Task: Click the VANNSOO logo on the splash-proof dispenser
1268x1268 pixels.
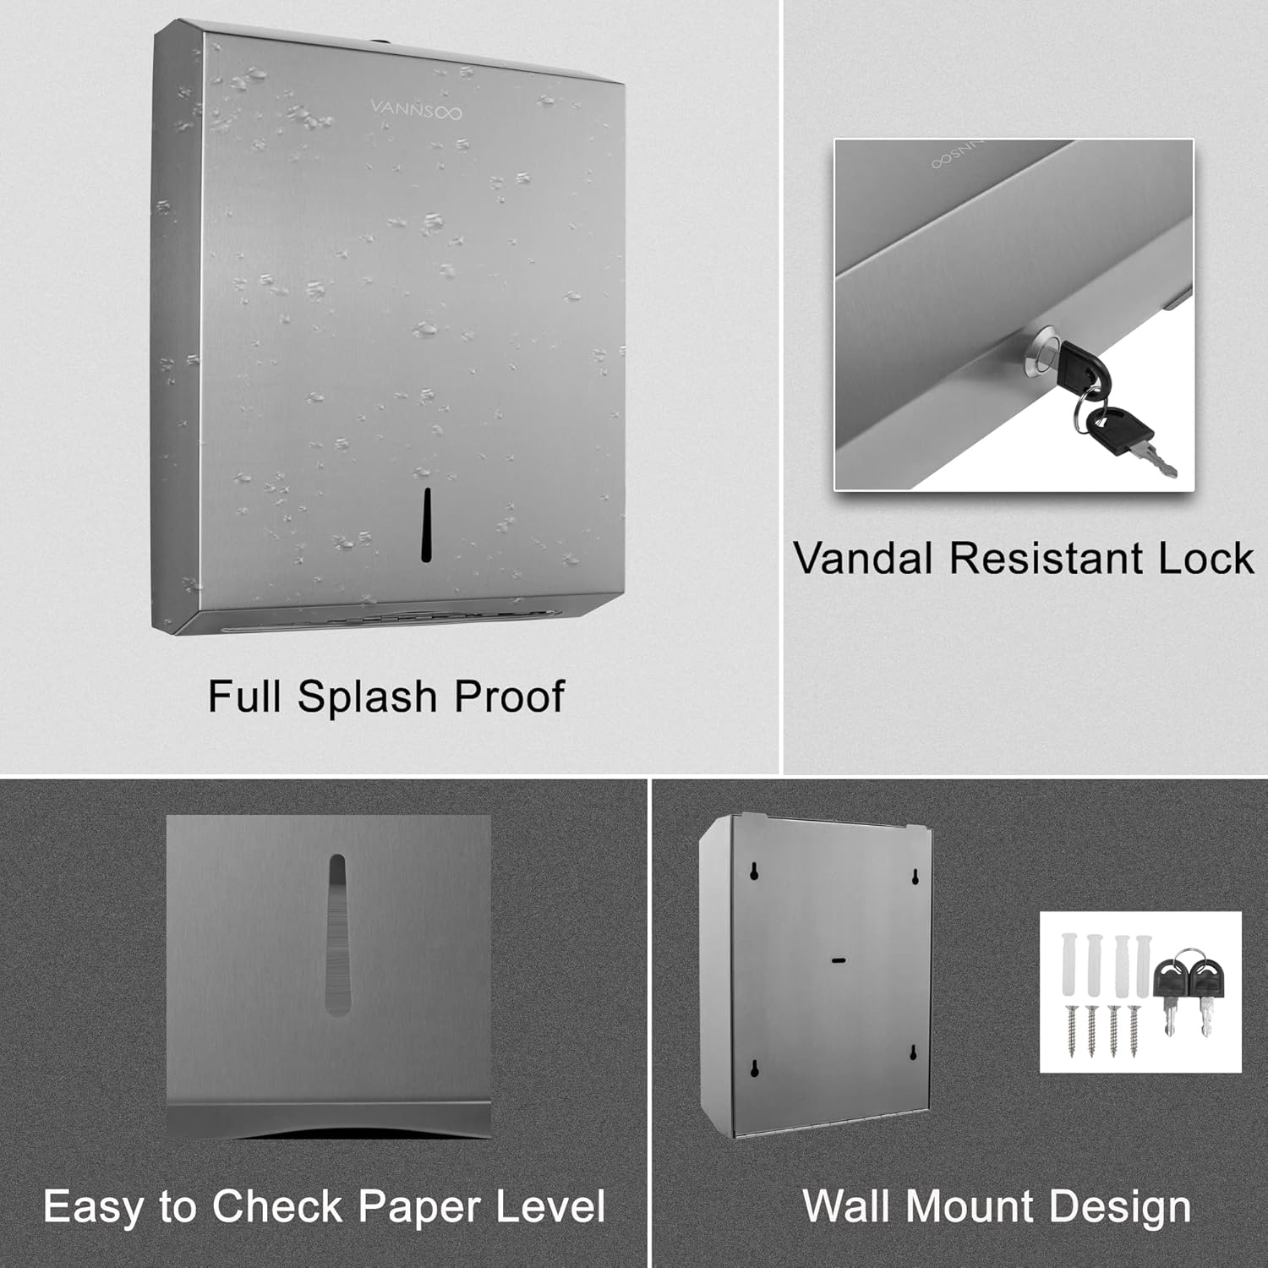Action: click(x=416, y=110)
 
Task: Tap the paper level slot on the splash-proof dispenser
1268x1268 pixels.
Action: click(x=427, y=525)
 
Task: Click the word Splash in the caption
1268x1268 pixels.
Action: click(x=367, y=697)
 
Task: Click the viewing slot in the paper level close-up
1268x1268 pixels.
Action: click(x=336, y=933)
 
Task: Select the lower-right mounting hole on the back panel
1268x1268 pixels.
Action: click(x=914, y=1053)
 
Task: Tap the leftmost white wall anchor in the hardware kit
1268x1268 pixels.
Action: click(x=1070, y=965)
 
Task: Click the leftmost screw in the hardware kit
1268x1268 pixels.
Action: click(x=1072, y=1029)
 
